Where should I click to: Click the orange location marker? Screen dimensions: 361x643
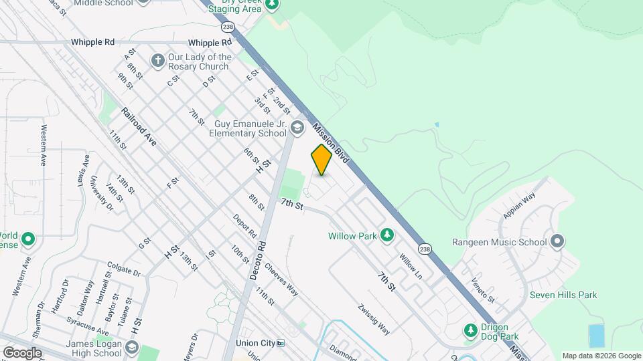pyautogui.click(x=321, y=160)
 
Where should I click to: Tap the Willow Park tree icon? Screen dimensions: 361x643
pyautogui.click(x=386, y=235)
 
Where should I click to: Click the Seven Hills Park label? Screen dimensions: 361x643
pyautogui.click(x=563, y=295)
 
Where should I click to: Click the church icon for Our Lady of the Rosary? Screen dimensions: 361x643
pyautogui.click(x=157, y=62)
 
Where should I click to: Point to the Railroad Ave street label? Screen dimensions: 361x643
pyautogui.click(x=139, y=125)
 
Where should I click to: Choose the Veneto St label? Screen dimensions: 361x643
pyautogui.click(x=482, y=289)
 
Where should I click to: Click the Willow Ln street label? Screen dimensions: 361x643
pyautogui.click(x=411, y=266)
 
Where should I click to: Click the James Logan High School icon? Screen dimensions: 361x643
pyautogui.click(x=132, y=348)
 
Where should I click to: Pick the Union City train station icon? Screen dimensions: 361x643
pyautogui.click(x=281, y=343)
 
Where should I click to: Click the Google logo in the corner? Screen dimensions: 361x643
pyautogui.click(x=22, y=353)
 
